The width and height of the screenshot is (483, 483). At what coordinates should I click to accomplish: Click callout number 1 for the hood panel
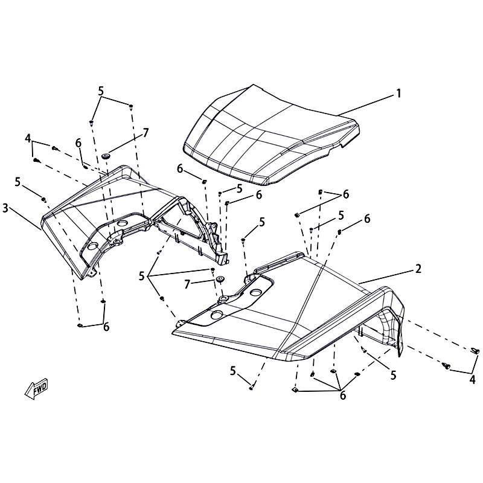[x=398, y=93]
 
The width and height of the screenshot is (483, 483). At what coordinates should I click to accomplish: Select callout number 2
[x=418, y=269]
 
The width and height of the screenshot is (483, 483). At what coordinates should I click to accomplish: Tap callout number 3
[x=5, y=208]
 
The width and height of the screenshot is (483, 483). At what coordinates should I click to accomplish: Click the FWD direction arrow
[x=36, y=388]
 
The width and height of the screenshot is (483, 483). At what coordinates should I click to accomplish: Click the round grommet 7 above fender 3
[x=106, y=156]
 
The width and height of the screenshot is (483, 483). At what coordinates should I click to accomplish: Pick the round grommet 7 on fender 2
[x=220, y=280]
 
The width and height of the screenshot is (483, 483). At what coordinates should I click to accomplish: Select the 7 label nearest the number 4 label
[x=146, y=133]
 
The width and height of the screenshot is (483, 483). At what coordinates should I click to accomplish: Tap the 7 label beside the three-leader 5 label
[x=187, y=284]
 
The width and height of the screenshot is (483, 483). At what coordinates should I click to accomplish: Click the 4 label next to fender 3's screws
[x=28, y=139]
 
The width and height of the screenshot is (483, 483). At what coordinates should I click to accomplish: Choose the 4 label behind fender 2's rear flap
[x=472, y=380]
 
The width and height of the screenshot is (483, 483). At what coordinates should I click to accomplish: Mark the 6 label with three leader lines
[x=343, y=395]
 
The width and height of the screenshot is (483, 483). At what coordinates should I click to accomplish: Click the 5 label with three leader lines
[x=141, y=276]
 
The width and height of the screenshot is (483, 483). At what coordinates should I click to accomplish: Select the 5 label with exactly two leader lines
[x=101, y=91]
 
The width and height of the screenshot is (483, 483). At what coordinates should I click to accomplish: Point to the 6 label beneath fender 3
[x=106, y=327]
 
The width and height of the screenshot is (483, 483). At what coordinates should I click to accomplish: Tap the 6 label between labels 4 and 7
[x=78, y=143]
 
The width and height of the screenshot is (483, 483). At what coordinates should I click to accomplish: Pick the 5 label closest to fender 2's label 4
[x=393, y=375]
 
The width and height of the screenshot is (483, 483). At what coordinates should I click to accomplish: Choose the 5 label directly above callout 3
[x=18, y=182]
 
